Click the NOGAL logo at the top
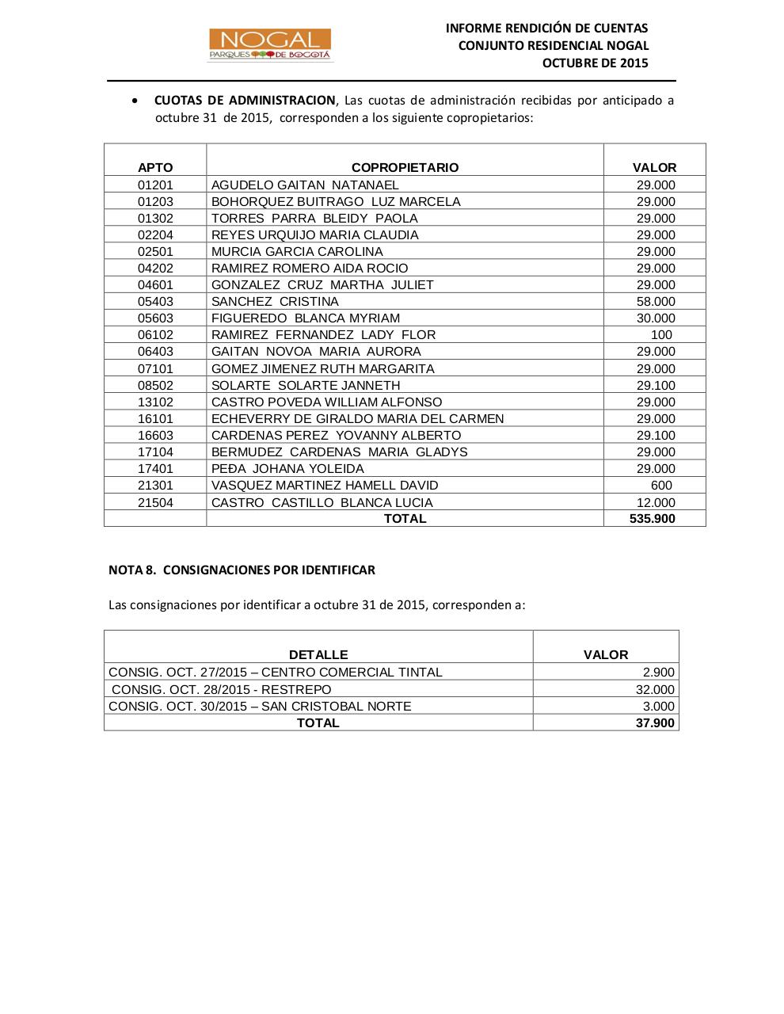pos(270,45)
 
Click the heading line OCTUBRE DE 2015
pos(595,63)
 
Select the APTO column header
pos(155,167)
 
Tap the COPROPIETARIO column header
pos(405,167)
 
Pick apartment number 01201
pos(155,185)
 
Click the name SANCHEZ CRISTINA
pos(275,301)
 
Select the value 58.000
pos(656,301)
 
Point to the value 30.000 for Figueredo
pos(656,318)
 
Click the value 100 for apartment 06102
pos(661,334)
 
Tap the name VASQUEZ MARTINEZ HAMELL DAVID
pos(325,485)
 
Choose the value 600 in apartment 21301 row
pos(661,485)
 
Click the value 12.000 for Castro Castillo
pos(656,502)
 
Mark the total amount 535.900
pos(653,518)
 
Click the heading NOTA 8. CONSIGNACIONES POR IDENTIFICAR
pos(242,570)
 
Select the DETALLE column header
pos(318,654)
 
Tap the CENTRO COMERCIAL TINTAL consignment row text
pos(276,672)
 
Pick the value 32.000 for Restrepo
pos(655,689)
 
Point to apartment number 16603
pos(155,435)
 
